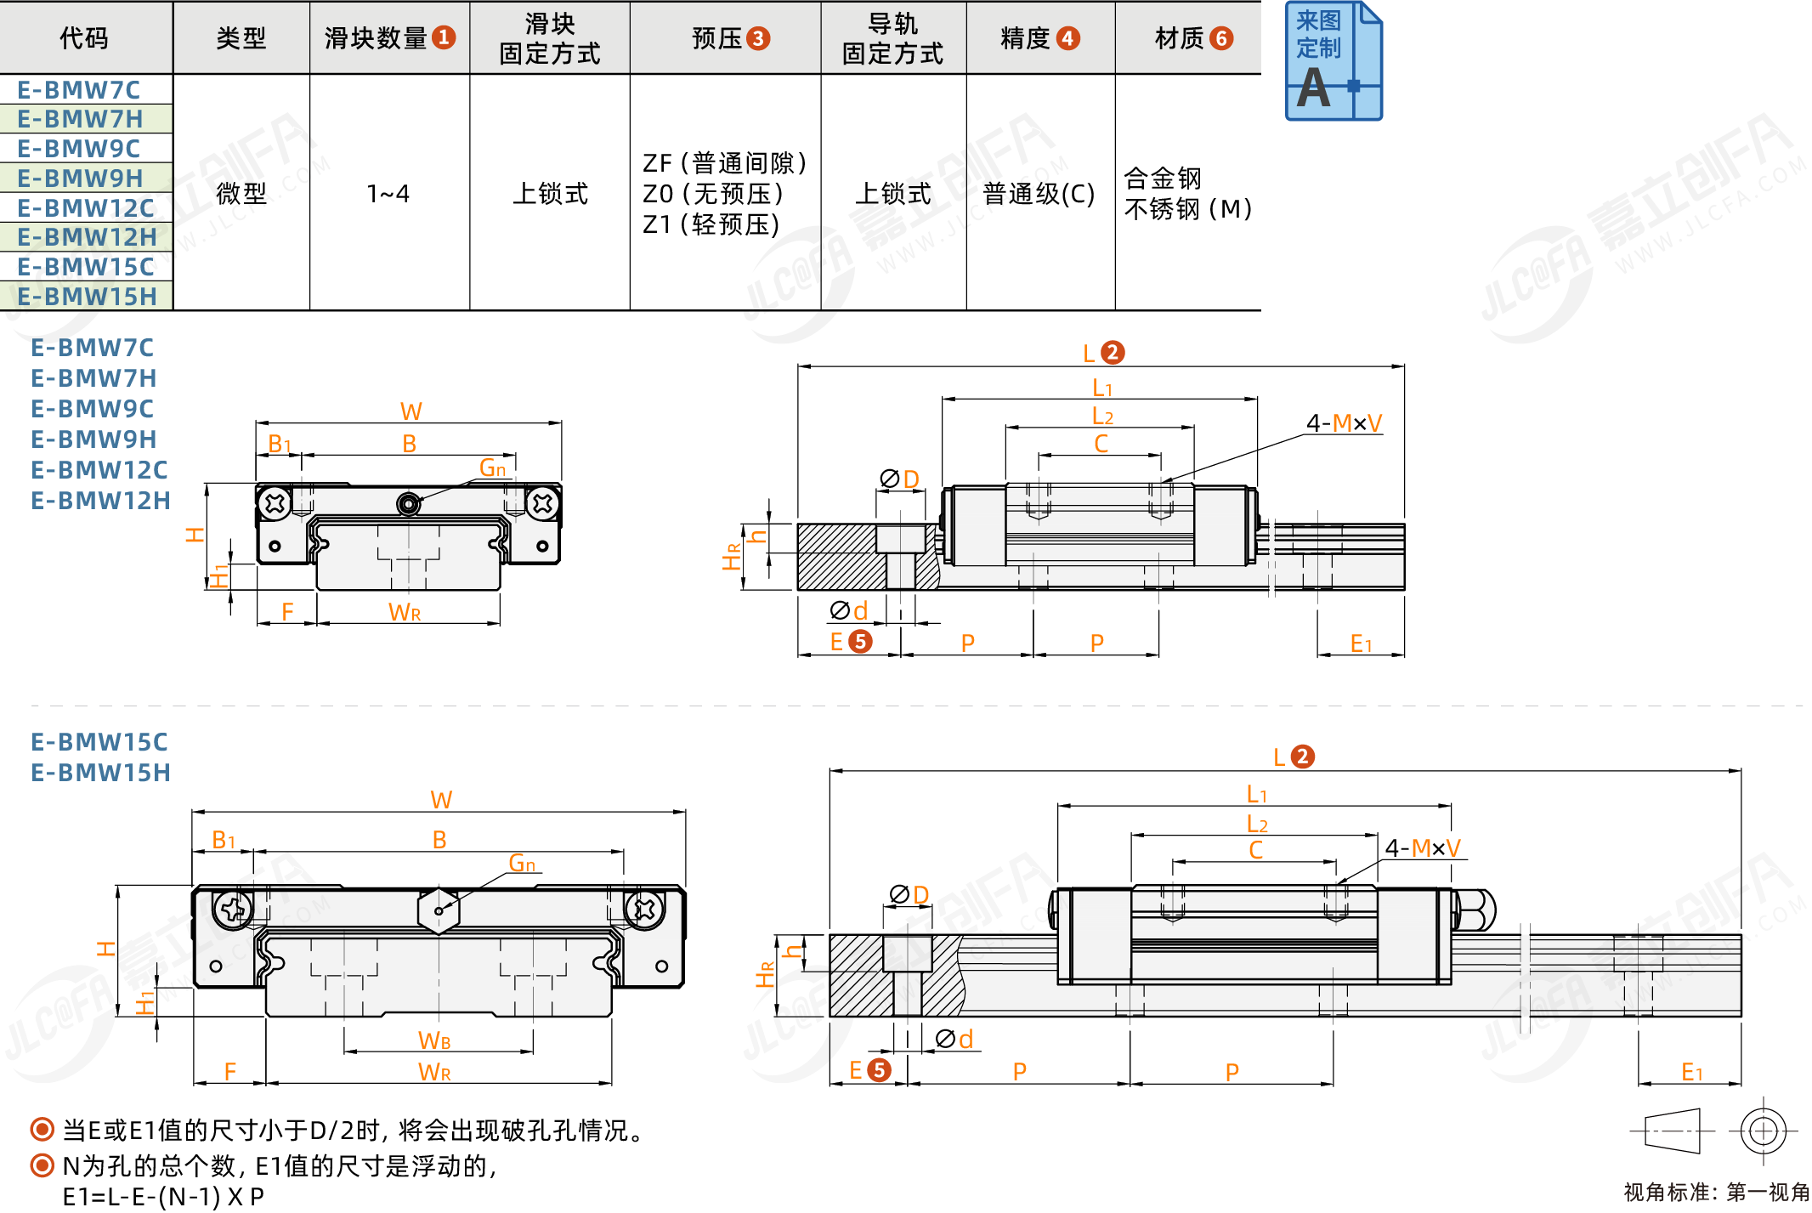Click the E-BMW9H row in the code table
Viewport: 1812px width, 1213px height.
click(81, 179)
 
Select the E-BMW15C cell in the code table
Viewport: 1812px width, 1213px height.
click(86, 267)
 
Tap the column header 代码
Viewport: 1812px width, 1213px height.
click(84, 38)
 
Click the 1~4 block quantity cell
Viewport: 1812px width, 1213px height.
click(388, 194)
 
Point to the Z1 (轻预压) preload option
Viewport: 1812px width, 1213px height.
click(711, 224)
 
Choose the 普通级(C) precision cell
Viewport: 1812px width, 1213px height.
click(1039, 194)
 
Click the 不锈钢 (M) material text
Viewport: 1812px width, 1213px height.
click(1187, 208)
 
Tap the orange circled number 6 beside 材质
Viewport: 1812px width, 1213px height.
click(1221, 38)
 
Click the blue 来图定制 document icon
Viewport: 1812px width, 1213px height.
click(1334, 61)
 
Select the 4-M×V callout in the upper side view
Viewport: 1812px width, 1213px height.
click(1344, 422)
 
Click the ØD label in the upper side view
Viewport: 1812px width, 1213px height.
click(900, 479)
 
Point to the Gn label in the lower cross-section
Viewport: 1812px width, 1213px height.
click(522, 864)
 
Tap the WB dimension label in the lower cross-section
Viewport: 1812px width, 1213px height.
click(434, 1040)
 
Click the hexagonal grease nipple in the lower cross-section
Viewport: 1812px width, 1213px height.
click(439, 911)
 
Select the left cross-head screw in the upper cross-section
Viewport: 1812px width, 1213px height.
click(275, 503)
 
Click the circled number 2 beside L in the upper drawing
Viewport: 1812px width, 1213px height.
click(1112, 352)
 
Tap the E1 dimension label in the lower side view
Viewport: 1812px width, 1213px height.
click(1692, 1072)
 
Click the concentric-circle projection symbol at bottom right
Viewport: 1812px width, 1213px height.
click(1764, 1131)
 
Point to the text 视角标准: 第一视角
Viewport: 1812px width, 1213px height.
click(1716, 1193)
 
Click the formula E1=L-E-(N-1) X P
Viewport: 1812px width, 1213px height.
click(163, 1197)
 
